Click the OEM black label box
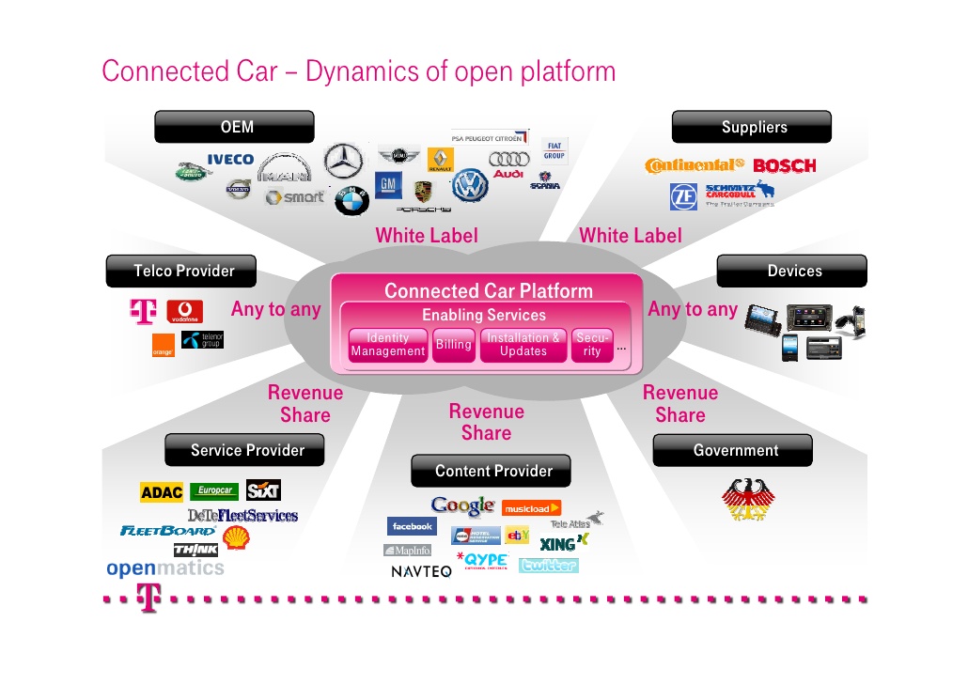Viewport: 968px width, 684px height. point(234,127)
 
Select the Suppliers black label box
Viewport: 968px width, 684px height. point(751,127)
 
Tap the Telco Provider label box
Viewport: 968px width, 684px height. point(182,271)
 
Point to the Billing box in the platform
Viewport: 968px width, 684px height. point(453,345)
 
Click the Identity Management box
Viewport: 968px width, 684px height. point(387,345)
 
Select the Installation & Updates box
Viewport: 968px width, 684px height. point(523,345)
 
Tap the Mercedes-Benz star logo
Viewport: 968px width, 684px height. point(343,161)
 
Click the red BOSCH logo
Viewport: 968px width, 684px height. point(784,166)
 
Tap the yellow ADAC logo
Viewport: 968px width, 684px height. point(161,492)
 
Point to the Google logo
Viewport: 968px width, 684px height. point(462,506)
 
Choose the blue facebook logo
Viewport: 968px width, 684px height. point(412,527)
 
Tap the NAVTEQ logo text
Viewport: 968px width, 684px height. point(421,571)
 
